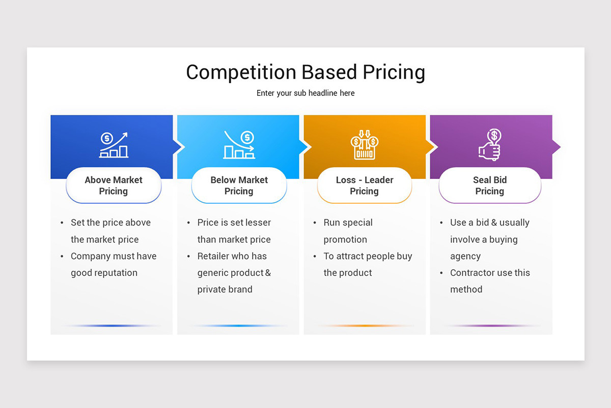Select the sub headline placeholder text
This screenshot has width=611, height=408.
[305, 93]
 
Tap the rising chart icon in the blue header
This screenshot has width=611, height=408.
[114, 145]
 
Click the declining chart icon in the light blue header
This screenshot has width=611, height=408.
[239, 145]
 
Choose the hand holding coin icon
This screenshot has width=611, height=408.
[490, 145]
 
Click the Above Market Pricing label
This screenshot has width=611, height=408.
[114, 186]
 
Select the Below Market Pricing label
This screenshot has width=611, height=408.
[239, 186]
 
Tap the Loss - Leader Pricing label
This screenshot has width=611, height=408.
[364, 186]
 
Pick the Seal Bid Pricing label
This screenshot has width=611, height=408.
[490, 186]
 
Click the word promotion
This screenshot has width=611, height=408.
[345, 239]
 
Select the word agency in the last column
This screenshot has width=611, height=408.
[465, 256]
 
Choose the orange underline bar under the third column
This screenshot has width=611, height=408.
[365, 325]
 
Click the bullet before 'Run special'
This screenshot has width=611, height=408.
[314, 223]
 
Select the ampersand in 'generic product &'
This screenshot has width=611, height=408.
[268, 273]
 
